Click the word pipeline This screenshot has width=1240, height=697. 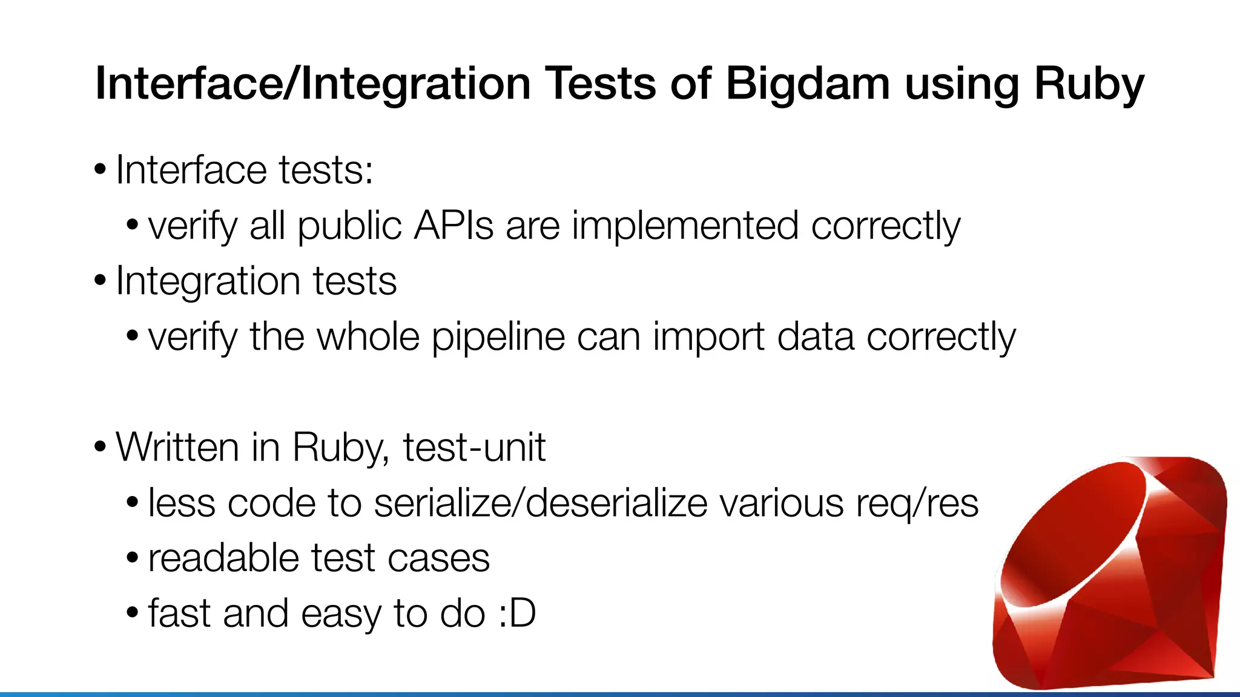click(x=498, y=336)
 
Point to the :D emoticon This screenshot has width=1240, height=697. click(x=516, y=613)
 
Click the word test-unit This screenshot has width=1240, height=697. click(x=474, y=447)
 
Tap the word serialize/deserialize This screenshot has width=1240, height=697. click(x=540, y=503)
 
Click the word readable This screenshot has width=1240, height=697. click(x=223, y=558)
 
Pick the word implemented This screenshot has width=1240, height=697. click(x=685, y=226)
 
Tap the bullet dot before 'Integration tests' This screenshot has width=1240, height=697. click(x=101, y=281)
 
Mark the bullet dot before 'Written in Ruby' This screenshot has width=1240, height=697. click(x=101, y=447)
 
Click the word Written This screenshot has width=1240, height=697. click(x=177, y=447)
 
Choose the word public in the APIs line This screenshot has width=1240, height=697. click(x=349, y=226)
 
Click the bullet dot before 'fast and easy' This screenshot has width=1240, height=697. click(x=133, y=613)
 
